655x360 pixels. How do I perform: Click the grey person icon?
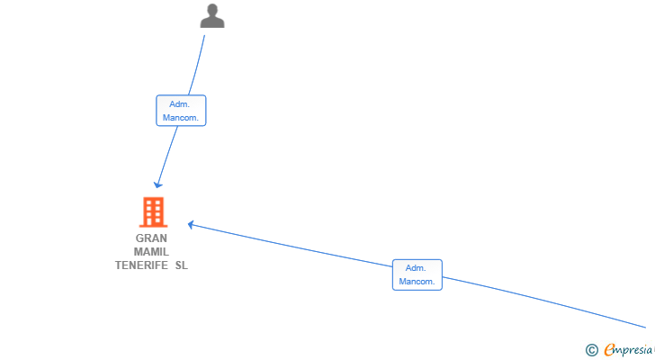tap(212, 16)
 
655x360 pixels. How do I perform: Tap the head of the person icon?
tap(212, 9)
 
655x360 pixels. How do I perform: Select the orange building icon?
tap(153, 212)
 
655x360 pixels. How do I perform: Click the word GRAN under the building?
tap(151, 238)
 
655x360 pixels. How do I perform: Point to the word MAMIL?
tap(151, 252)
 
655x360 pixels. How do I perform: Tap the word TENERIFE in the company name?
tap(141, 265)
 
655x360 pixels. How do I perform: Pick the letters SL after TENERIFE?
tap(182, 265)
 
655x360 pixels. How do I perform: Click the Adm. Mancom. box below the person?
tap(181, 111)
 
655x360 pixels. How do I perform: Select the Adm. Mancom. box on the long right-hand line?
tap(417, 274)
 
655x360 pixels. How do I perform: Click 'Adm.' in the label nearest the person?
tap(179, 104)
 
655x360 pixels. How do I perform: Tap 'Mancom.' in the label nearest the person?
tap(181, 118)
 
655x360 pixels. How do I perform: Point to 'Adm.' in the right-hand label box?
tap(416, 268)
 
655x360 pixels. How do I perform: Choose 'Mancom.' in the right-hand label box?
tap(417, 282)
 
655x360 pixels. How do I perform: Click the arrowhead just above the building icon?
tap(158, 184)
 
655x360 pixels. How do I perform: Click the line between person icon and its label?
tap(197, 65)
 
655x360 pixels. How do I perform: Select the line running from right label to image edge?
tap(543, 302)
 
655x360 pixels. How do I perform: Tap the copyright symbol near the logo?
tap(591, 350)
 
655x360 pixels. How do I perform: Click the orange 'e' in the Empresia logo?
tap(610, 349)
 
